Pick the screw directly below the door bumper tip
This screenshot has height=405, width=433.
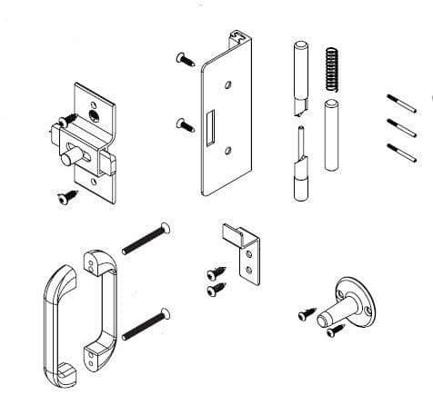click(x=335, y=332)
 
